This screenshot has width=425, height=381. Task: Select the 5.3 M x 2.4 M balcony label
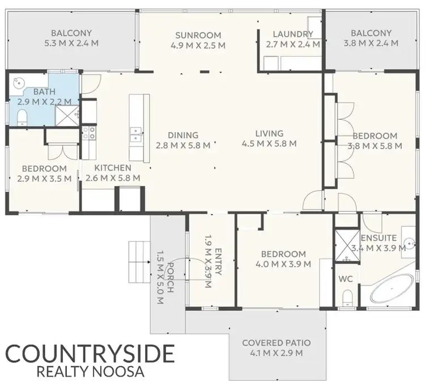71,37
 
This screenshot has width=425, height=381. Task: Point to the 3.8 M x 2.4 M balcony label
371,37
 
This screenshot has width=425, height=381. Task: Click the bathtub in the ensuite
392,289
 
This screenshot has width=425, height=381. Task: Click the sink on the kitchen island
135,134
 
